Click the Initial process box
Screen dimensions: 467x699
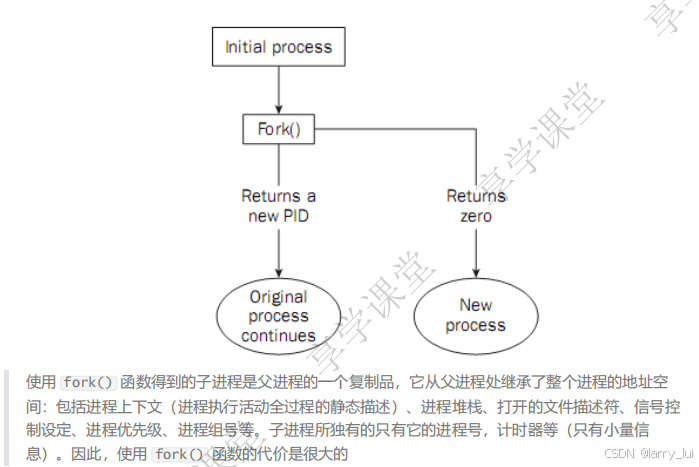click(x=278, y=46)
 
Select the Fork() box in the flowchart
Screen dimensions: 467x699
click(x=279, y=129)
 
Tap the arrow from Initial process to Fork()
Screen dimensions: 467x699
click(x=279, y=89)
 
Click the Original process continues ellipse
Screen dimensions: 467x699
click(x=279, y=316)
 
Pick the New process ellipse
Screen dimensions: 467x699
click(x=475, y=315)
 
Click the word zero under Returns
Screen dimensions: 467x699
click(x=476, y=216)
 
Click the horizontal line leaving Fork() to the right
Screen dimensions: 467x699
click(x=400, y=129)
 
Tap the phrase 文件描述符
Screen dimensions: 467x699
click(x=567, y=407)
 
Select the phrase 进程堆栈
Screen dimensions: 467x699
click(x=451, y=407)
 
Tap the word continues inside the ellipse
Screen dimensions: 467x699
click(x=278, y=336)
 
